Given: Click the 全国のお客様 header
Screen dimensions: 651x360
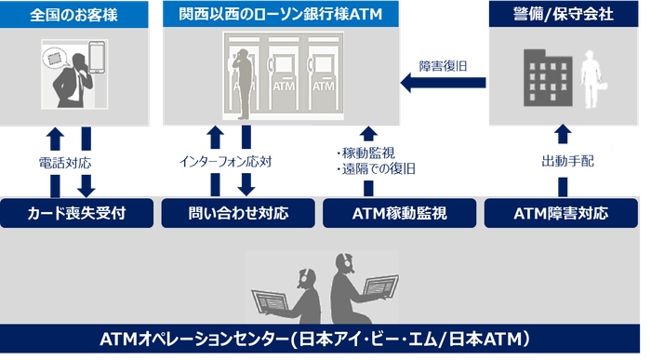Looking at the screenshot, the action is [73, 15].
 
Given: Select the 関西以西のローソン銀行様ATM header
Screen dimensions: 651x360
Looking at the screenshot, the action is [281, 14].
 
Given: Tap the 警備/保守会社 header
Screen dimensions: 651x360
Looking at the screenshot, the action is [564, 14].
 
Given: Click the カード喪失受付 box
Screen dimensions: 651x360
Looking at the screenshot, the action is [77, 213].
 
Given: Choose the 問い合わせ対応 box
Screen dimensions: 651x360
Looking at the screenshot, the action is [238, 213].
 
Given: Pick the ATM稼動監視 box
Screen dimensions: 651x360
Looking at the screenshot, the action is [399, 213].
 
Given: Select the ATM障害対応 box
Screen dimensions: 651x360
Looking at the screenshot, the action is [561, 213].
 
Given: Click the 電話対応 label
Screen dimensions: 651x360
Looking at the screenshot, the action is [65, 163].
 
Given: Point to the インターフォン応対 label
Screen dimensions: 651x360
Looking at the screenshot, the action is [225, 162].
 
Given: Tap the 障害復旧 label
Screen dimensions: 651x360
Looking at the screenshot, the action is [443, 66].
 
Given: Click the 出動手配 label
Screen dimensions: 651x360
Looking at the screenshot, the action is [567, 161].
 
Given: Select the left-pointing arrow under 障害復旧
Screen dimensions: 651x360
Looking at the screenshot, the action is [443, 83].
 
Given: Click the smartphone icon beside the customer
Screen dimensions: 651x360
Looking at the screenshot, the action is [97, 58].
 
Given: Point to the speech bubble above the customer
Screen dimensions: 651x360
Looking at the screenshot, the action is [54, 59].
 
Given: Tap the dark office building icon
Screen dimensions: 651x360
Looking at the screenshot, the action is [548, 78].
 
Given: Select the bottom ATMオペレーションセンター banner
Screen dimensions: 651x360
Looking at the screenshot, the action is [320, 339].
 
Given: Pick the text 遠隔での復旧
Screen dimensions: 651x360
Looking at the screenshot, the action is [379, 169].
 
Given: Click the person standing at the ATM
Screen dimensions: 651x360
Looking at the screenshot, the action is [244, 84].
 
